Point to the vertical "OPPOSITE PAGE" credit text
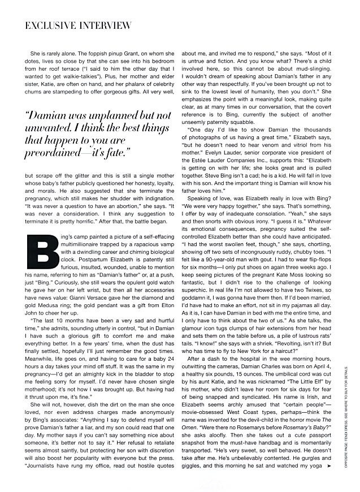click(x=350, y=424)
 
